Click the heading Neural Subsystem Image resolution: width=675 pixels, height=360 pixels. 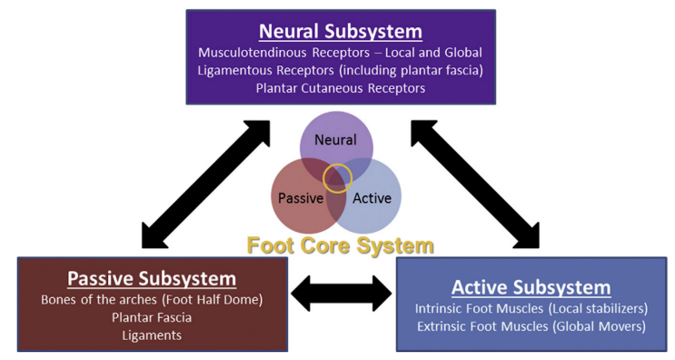[x=341, y=31]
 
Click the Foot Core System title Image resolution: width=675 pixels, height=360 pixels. [x=341, y=245]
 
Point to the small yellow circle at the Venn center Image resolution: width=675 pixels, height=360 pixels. [x=338, y=178]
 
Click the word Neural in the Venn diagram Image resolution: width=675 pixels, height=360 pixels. [x=335, y=140]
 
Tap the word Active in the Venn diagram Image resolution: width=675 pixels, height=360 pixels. [x=372, y=197]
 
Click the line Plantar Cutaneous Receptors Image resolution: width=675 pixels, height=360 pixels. [x=341, y=88]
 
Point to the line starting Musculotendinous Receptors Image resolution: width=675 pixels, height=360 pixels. [x=341, y=53]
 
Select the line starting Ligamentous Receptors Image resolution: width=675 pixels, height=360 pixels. [x=341, y=71]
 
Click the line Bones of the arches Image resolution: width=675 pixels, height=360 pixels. [x=152, y=300]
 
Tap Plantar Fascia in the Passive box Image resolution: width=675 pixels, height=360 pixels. [x=152, y=317]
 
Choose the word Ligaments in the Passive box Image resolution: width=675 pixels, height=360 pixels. [x=152, y=335]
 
